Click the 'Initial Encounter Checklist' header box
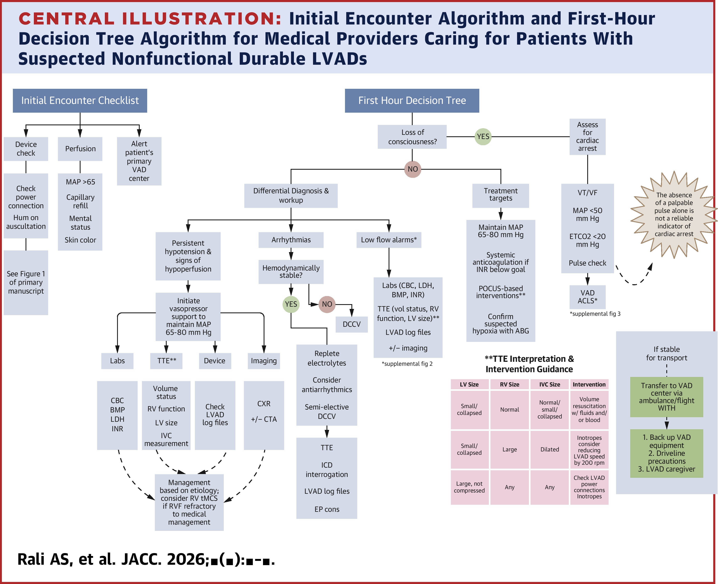pos(80,101)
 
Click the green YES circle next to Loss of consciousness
pos(483,137)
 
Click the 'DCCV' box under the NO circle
pos(351,324)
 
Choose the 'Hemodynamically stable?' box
pos(291,272)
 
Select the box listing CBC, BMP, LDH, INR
pos(117,415)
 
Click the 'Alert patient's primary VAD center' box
pos(139,161)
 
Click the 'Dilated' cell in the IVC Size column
pos(549,449)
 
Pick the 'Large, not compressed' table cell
pos(469,487)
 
